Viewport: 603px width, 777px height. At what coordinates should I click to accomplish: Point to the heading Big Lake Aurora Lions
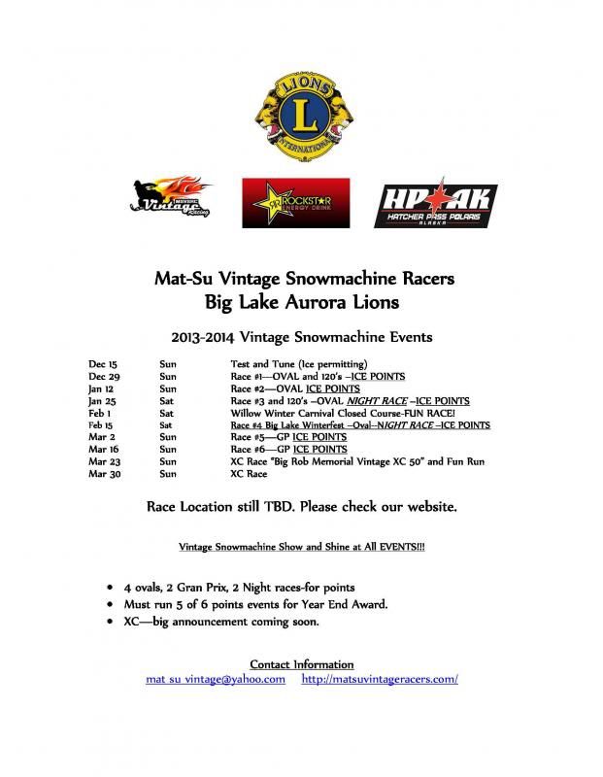tap(301, 302)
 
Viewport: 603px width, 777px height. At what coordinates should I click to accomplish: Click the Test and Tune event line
tap(291, 364)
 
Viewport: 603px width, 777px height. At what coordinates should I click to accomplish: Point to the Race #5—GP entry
tap(288, 437)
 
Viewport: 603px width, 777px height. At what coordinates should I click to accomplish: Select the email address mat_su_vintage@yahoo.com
tap(216, 679)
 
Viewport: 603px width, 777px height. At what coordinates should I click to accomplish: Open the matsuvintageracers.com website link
tap(380, 679)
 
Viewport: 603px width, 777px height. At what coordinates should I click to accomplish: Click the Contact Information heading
tap(301, 664)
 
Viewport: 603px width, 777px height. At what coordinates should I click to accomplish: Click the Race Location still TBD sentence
tap(301, 507)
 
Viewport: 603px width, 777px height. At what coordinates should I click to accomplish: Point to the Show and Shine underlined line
tap(301, 547)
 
